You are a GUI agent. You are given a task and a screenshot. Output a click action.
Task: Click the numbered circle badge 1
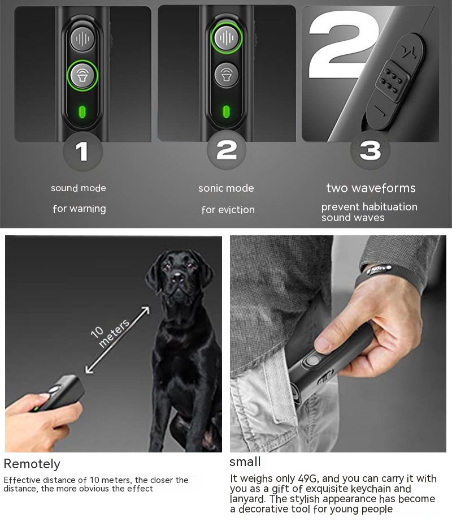click(x=82, y=151)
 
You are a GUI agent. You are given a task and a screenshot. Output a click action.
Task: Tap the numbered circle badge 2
click(x=227, y=150)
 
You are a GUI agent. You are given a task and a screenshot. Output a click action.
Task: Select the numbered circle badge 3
click(x=370, y=150)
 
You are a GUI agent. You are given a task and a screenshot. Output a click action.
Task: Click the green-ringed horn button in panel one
click(x=82, y=75)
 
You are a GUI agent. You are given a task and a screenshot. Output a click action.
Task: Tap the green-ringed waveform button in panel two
click(x=226, y=37)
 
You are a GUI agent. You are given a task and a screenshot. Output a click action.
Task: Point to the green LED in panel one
click(x=82, y=110)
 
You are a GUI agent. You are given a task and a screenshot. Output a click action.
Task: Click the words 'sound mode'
click(x=79, y=188)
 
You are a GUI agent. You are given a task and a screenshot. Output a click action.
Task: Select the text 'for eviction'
click(x=228, y=210)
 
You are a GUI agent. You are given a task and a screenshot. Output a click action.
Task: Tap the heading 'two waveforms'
click(x=371, y=188)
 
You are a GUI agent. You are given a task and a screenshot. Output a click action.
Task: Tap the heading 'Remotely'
click(x=32, y=464)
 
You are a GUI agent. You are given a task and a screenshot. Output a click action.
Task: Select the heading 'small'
click(x=245, y=462)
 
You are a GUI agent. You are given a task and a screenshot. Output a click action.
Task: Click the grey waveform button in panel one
click(x=82, y=38)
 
